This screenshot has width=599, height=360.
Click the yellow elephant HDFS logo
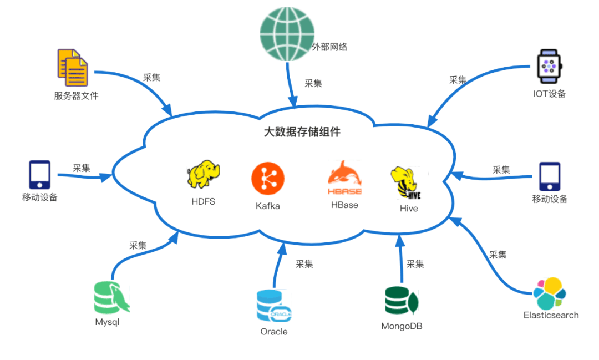[204, 174]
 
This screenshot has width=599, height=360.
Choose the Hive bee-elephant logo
[409, 182]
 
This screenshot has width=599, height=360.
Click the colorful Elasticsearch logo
[550, 293]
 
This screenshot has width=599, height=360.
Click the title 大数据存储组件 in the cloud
[302, 133]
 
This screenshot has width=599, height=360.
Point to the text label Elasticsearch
[551, 315]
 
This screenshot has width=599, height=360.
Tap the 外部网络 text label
[329, 47]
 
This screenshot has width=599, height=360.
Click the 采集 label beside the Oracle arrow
[304, 263]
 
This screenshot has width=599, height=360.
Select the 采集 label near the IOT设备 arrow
[458, 79]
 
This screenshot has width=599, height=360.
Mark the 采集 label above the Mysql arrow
[138, 245]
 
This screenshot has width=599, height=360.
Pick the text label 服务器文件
[76, 95]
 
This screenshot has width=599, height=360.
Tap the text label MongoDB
[402, 326]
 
